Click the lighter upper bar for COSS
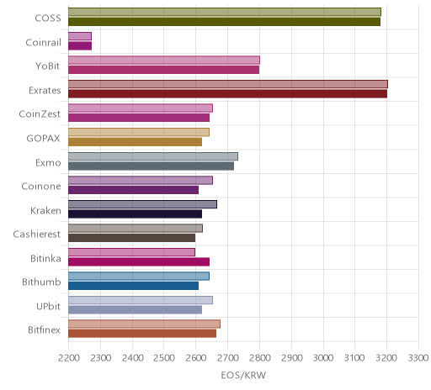coord(225,12)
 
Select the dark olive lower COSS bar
coord(224,22)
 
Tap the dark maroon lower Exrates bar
coord(227,94)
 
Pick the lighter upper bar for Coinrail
coord(80,36)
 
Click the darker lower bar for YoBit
coord(163,70)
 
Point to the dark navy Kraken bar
coord(135,213)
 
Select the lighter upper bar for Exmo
coord(153,156)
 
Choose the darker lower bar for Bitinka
coord(139,262)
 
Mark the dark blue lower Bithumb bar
coord(133,286)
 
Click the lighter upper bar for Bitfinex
coord(144,324)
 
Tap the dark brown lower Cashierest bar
coord(131,238)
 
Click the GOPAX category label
coord(43,139)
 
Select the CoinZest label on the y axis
coord(40,114)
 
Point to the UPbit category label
coord(48,306)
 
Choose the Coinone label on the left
coord(41,187)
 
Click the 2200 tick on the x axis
coord(68,358)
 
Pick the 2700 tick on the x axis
coord(227,358)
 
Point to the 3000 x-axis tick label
coord(323,358)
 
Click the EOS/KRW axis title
coord(243,375)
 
